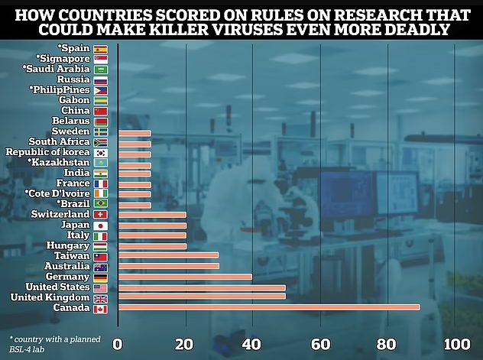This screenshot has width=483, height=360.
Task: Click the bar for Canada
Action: pos(267,307)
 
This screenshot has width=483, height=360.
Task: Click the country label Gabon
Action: pos(74,100)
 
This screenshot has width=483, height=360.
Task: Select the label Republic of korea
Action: pos(47,153)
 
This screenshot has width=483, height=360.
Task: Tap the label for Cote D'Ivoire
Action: pos(57,194)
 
